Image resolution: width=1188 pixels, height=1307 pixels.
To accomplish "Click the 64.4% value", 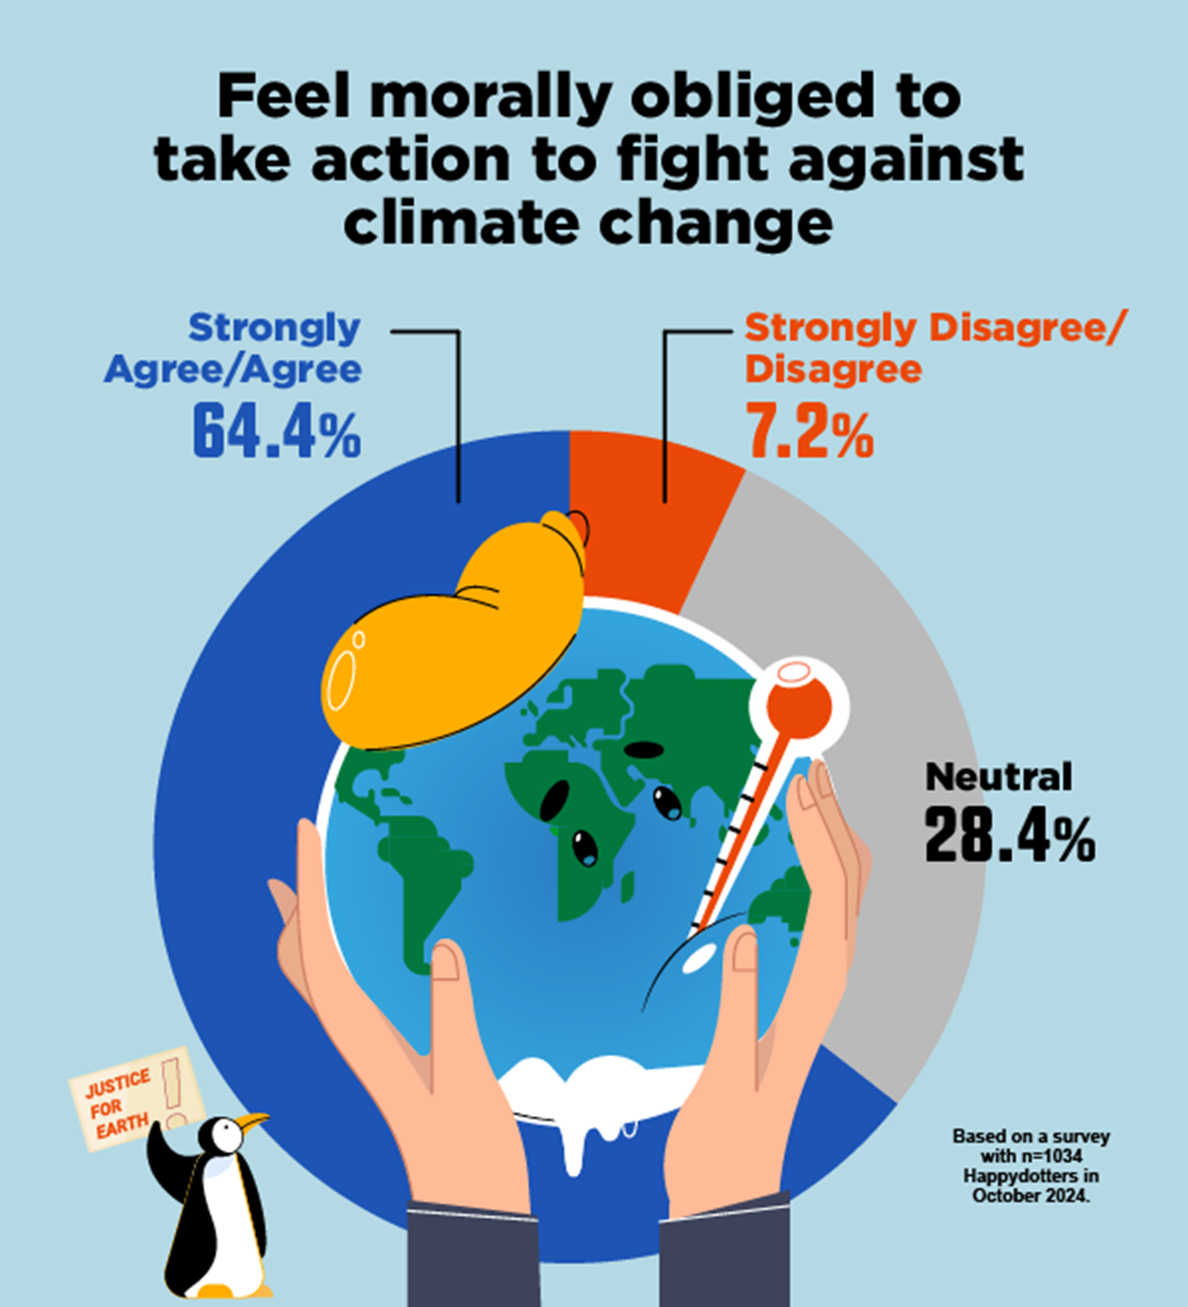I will (x=277, y=433).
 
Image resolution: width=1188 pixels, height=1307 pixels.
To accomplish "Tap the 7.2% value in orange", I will (x=809, y=433).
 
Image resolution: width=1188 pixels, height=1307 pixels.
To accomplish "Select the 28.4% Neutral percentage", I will (x=1009, y=836).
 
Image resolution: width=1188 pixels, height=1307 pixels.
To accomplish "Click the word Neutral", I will (x=998, y=777).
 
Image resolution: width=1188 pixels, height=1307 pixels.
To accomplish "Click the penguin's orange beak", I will (x=254, y=1123).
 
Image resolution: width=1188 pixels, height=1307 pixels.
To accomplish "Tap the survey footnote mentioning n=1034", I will (x=1031, y=1165).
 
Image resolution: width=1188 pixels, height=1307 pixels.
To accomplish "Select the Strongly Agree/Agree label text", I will (x=234, y=348).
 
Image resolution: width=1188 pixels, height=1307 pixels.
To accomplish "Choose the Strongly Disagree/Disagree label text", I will (x=931, y=348).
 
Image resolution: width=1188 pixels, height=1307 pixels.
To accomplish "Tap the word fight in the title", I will (x=695, y=160).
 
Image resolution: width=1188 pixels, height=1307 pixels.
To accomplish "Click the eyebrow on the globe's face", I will (x=643, y=749).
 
